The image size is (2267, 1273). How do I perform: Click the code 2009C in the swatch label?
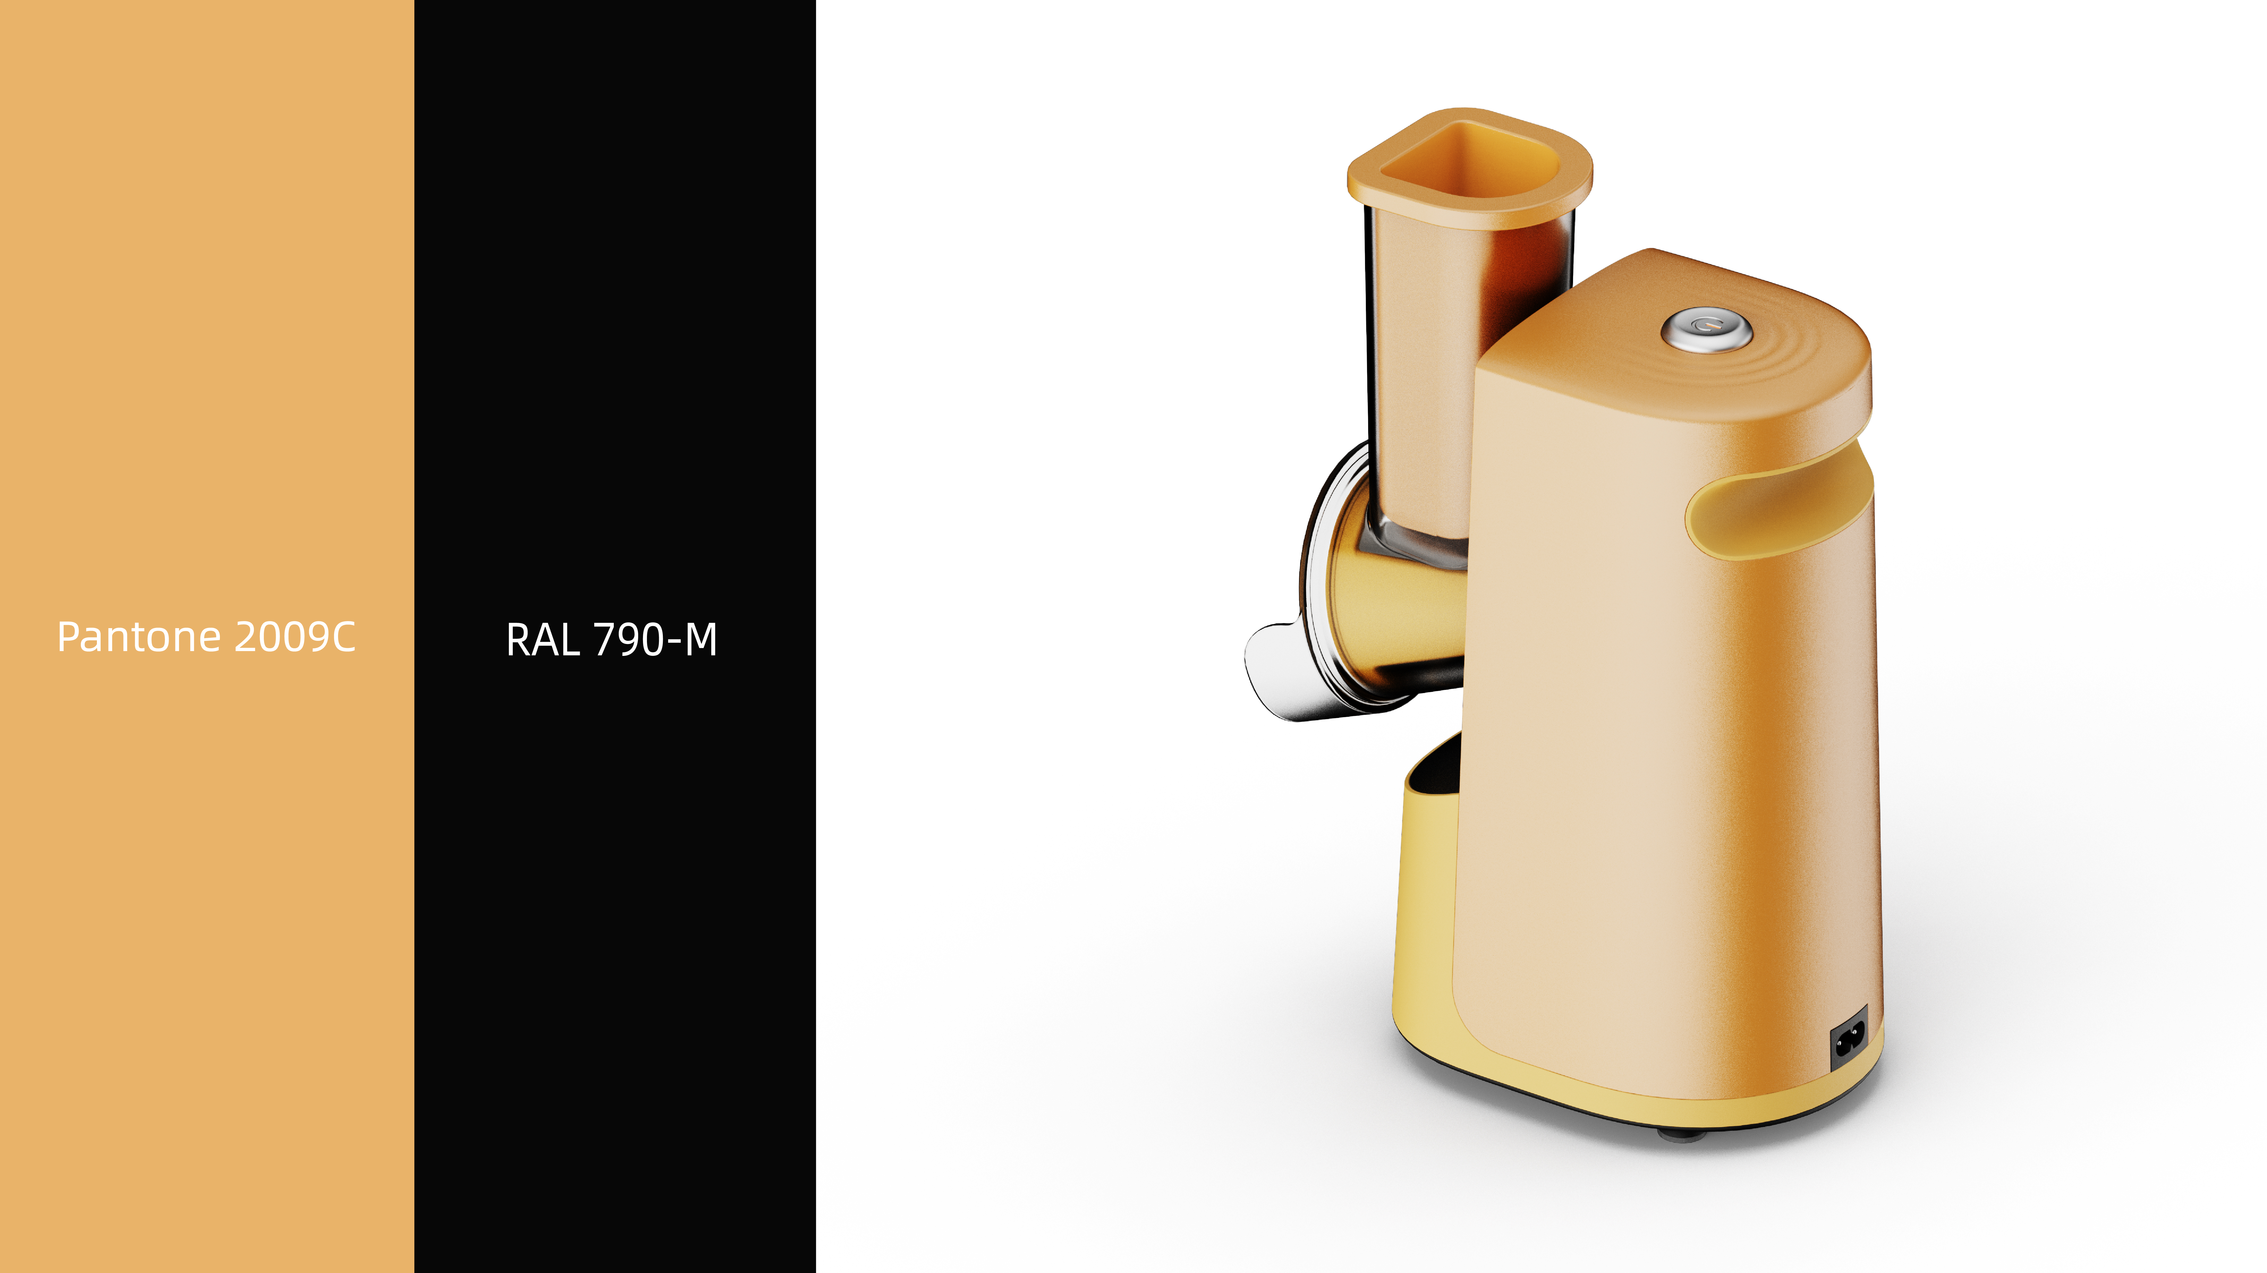(x=295, y=637)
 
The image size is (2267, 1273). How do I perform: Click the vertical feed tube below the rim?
(x=1421, y=370)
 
